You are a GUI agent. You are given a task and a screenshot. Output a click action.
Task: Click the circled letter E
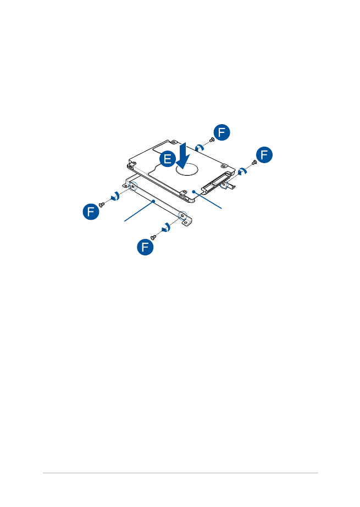coord(168,159)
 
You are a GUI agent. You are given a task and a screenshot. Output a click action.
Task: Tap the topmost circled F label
coord(222,132)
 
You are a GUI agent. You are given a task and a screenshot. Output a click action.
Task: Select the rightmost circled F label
coord(264,155)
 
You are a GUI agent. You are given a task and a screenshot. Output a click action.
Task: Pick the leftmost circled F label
coord(91,212)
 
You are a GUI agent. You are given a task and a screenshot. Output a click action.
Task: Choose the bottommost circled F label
coord(145,247)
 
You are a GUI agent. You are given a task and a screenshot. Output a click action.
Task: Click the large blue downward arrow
coord(183,156)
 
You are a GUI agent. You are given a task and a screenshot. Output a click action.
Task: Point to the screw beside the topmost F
coord(212,140)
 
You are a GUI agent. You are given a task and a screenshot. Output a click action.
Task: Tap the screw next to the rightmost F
coord(254,162)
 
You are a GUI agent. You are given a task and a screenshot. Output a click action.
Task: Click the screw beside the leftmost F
coord(102,204)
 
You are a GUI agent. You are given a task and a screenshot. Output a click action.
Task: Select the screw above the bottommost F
coord(153,238)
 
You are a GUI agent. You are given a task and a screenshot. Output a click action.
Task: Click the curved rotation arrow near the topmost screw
coord(200,147)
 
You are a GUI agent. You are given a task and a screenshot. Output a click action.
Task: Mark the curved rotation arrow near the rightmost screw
coord(242,171)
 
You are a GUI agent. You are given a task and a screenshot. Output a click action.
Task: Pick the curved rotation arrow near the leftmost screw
coord(115,196)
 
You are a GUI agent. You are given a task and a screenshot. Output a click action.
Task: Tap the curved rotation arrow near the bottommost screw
coord(166,227)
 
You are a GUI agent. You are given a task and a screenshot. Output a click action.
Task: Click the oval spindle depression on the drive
coord(187,169)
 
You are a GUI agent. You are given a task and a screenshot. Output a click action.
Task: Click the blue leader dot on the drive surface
coord(194,191)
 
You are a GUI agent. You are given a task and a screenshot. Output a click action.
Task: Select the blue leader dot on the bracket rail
coord(154,201)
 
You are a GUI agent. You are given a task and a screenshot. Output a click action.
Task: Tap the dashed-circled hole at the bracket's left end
coord(132,186)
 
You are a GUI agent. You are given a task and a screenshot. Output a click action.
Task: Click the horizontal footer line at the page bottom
coord(180,473)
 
